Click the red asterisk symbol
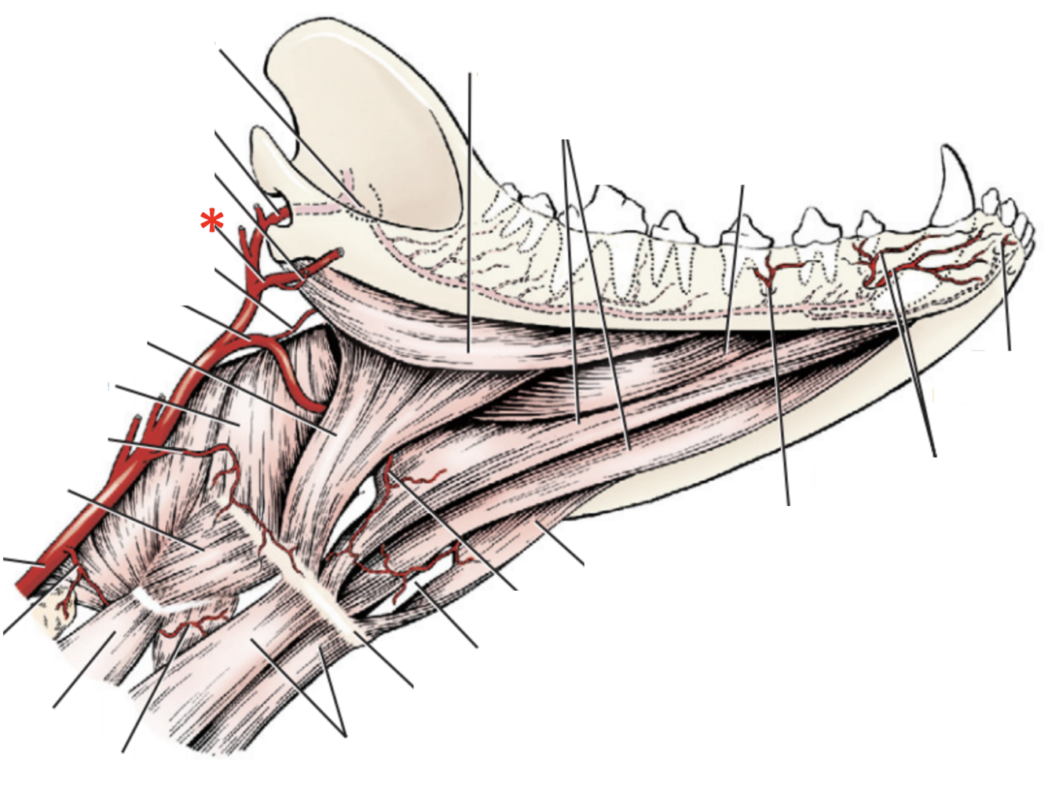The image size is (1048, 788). pos(211,222)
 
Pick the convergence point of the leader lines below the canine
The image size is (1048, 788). pos(934,455)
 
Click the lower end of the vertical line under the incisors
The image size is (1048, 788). pos(1009,350)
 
